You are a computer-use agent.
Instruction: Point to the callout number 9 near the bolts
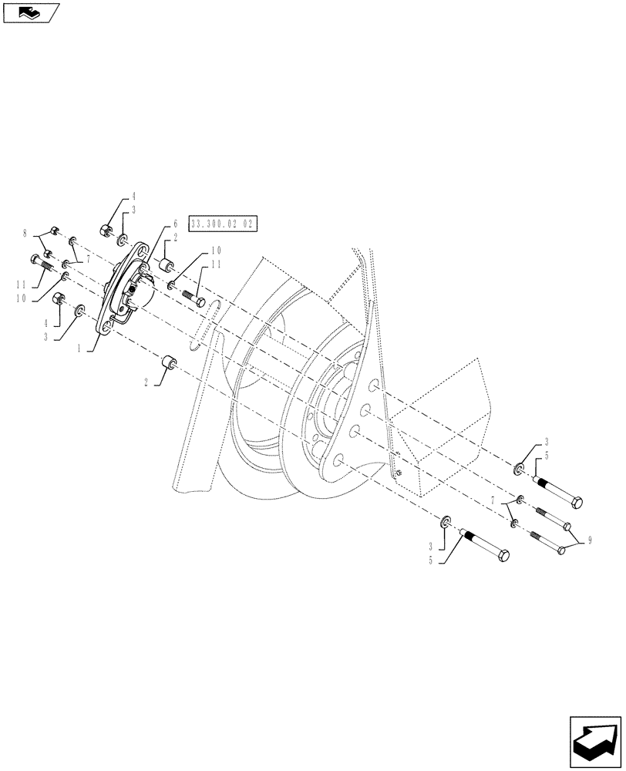coord(590,542)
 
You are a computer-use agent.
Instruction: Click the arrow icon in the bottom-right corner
coord(595,739)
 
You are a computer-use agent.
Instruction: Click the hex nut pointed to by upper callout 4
coord(106,229)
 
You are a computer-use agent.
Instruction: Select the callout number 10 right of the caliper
coord(216,251)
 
